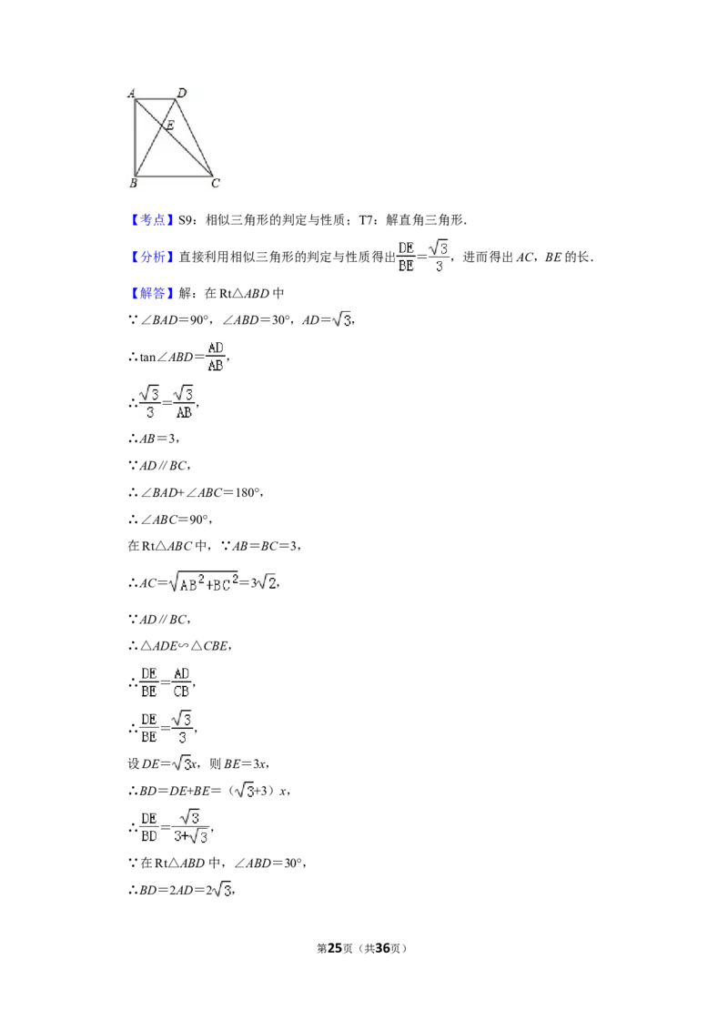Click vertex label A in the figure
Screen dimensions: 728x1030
[131, 93]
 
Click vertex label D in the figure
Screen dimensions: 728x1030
[182, 93]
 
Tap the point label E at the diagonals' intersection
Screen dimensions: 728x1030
[170, 125]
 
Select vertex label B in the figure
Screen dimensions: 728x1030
[133, 183]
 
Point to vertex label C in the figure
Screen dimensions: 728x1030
[216, 183]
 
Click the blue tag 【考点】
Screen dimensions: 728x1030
[150, 220]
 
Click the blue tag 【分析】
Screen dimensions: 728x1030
[150, 257]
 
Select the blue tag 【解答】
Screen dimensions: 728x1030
[150, 293]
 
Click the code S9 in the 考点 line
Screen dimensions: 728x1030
[186, 220]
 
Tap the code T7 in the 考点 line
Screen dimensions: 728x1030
[365, 220]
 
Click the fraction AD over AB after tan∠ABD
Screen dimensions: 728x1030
[216, 357]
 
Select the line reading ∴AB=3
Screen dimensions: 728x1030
[153, 439]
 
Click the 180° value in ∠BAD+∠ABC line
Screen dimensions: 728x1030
[248, 492]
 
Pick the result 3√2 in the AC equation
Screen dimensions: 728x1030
[264, 582]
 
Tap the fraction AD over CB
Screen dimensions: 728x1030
[181, 682]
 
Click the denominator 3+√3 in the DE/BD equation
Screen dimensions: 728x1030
[191, 835]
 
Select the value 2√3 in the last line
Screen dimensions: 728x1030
[218, 890]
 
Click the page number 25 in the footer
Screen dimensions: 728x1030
[335, 948]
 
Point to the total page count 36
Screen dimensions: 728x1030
[382, 948]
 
